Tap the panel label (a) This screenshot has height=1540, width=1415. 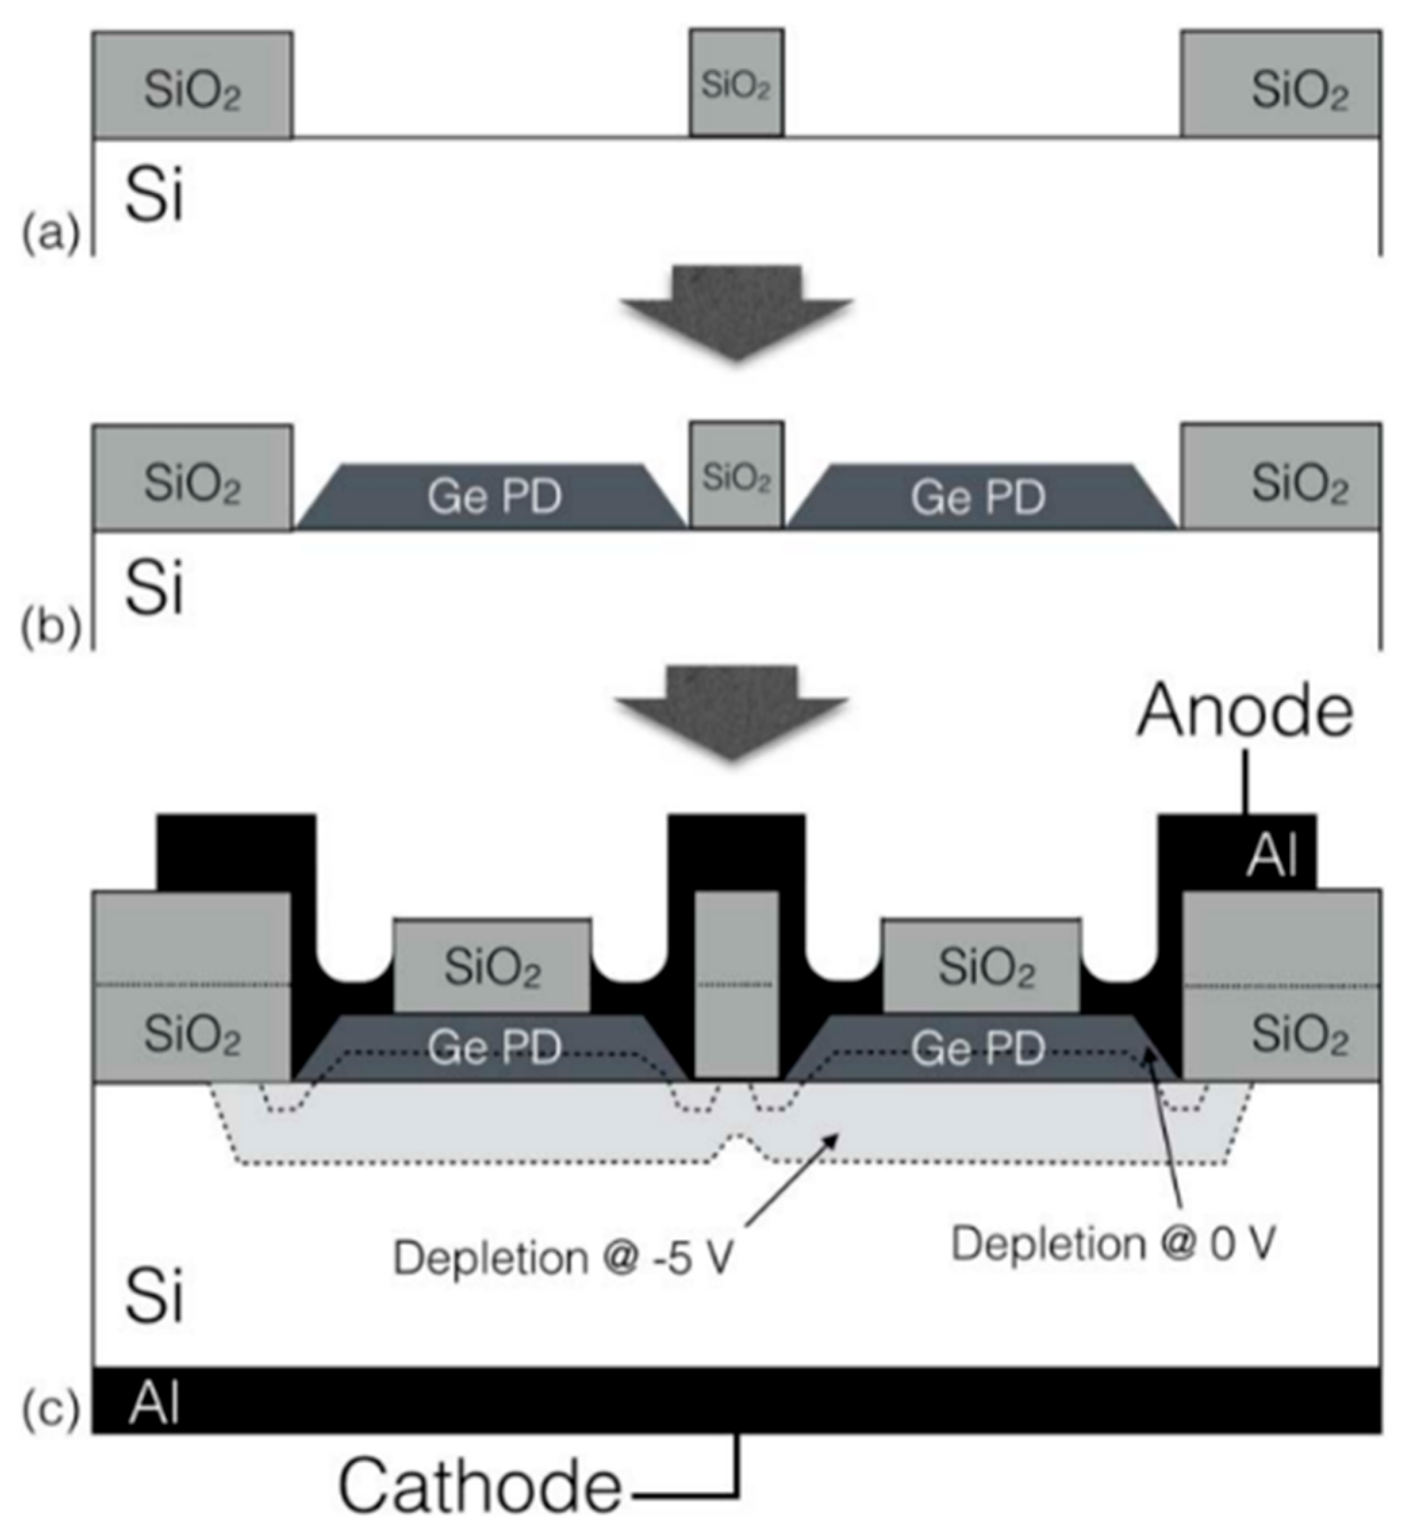pyautogui.click(x=51, y=233)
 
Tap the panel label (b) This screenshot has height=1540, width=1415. pyautogui.click(x=51, y=629)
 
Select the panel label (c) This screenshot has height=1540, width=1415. pyautogui.click(x=51, y=1408)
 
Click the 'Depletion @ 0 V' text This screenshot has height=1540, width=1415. pyautogui.click(x=1113, y=1242)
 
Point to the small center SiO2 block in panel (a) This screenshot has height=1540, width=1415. pyautogui.click(x=736, y=85)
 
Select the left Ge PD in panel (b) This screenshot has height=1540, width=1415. pyautogui.click(x=494, y=497)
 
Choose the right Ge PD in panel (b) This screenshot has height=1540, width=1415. pyautogui.click(x=978, y=497)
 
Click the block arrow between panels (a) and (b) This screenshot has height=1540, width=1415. pyautogui.click(x=736, y=311)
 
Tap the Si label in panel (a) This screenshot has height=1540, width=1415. pyautogui.click(x=154, y=195)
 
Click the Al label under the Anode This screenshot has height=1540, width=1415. pyautogui.click(x=1272, y=855)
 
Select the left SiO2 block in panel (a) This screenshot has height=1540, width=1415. pyautogui.click(x=192, y=86)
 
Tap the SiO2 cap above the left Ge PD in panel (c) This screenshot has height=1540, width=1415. pyautogui.click(x=492, y=967)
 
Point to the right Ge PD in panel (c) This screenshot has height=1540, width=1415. pyautogui.click(x=978, y=1047)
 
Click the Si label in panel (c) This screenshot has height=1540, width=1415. pyautogui.click(x=154, y=1296)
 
